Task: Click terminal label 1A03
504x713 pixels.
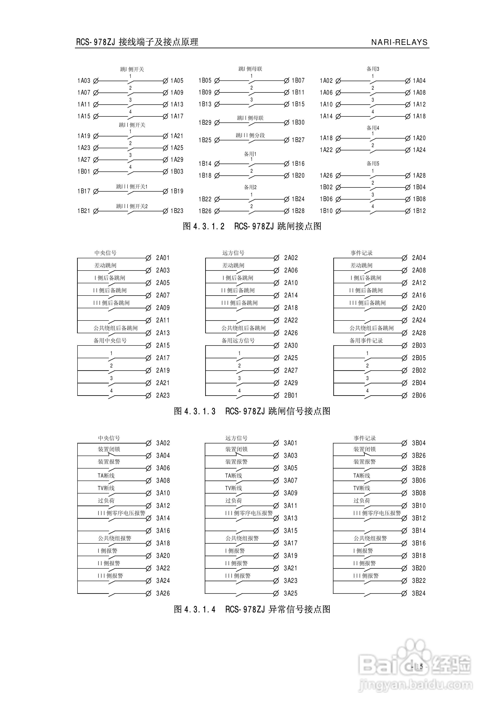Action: coord(84,81)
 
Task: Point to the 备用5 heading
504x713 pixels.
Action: coord(373,163)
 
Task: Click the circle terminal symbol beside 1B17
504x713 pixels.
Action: coord(96,192)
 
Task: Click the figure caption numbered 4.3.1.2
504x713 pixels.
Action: coord(252,226)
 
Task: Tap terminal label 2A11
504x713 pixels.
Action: coord(163,320)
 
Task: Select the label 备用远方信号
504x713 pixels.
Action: coord(238,341)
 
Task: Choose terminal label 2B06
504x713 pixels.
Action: coord(419,395)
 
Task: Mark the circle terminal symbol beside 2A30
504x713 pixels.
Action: coord(276,346)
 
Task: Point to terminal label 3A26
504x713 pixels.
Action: coord(163,593)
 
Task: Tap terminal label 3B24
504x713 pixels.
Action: coord(418,593)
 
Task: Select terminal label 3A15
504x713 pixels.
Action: coord(291,531)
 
